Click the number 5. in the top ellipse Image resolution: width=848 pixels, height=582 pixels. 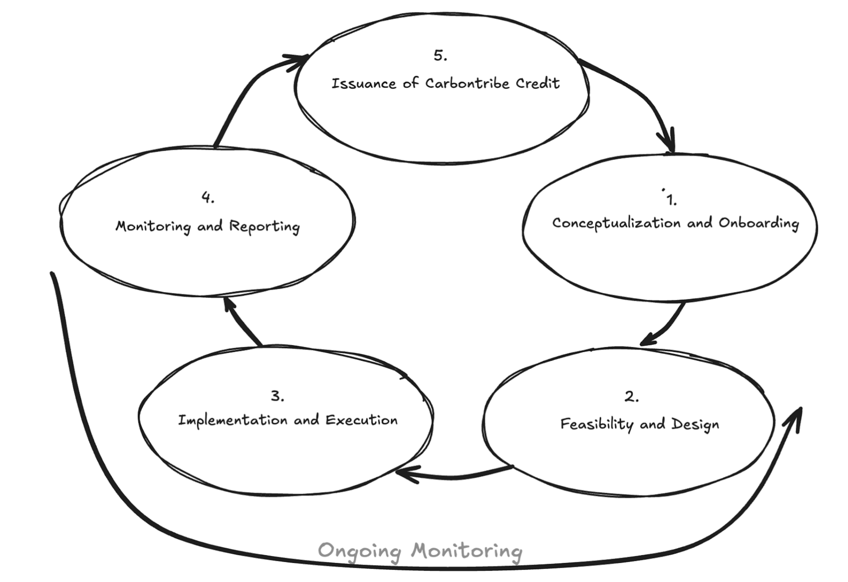[440, 56]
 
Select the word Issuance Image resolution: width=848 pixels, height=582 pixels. [364, 84]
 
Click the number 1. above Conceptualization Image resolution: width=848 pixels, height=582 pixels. [671, 200]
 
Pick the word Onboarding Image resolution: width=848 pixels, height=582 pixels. [759, 223]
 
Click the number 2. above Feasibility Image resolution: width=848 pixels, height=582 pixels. [631, 397]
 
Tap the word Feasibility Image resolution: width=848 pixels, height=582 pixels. [597, 425]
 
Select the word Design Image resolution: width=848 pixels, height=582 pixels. [695, 425]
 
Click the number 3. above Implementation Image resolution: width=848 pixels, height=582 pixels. [277, 396]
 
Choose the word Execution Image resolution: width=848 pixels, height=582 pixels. [361, 420]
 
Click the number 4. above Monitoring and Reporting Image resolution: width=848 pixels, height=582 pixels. [208, 197]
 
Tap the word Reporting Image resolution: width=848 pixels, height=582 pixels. [264, 226]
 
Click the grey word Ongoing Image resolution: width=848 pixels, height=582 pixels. [359, 551]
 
